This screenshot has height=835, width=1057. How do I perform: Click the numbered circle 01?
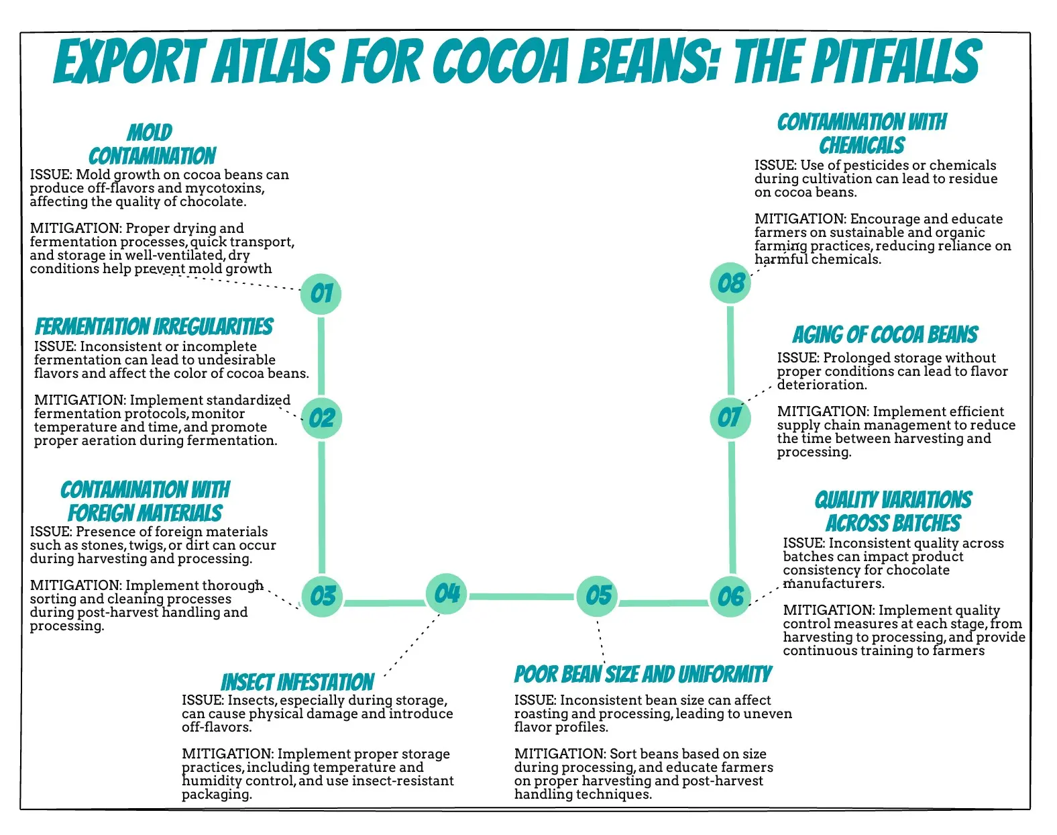[x=321, y=293]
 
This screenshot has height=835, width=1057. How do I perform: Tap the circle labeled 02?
[x=321, y=417]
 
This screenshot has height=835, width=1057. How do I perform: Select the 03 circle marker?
[x=322, y=595]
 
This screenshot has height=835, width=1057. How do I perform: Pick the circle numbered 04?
[x=447, y=593]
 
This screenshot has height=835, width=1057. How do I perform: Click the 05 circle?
[x=598, y=595]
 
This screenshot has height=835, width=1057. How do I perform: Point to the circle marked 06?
[x=730, y=596]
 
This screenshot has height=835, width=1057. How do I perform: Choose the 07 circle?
[x=730, y=417]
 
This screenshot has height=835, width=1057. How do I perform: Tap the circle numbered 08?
[x=730, y=283]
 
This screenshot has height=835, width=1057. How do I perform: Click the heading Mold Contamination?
[x=152, y=144]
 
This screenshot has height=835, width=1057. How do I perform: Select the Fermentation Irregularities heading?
[x=154, y=327]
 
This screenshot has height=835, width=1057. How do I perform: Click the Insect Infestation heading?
[x=297, y=682]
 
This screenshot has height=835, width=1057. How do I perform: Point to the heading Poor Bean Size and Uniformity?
[x=643, y=674]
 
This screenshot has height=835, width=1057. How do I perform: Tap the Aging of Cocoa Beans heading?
[x=885, y=334]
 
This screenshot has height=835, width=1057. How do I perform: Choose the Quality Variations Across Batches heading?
[x=893, y=511]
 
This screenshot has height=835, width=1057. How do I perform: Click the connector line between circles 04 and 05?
[x=522, y=596]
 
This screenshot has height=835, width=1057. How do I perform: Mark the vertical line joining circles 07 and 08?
[x=730, y=349]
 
